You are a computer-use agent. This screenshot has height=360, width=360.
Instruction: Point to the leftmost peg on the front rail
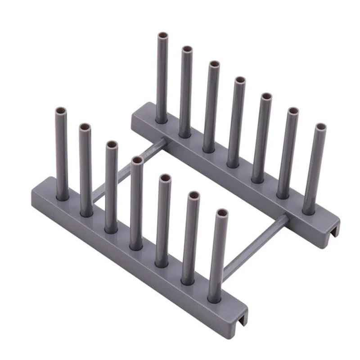pyautogui.click(x=62, y=153)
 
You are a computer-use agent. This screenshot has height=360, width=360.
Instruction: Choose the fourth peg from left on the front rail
pyautogui.click(x=136, y=202)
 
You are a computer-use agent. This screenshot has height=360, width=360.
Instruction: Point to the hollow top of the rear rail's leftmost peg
pyautogui.click(x=162, y=36)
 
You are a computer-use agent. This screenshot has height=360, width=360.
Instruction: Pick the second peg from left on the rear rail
pyautogui.click(x=186, y=92)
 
